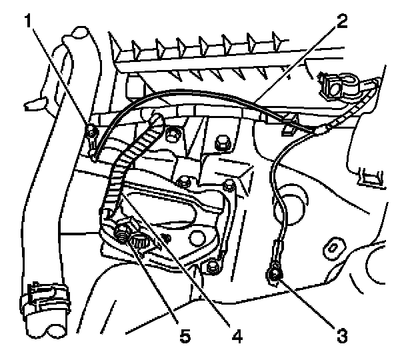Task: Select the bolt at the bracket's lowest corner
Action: click(213, 267)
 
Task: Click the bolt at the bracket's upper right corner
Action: click(229, 185)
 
